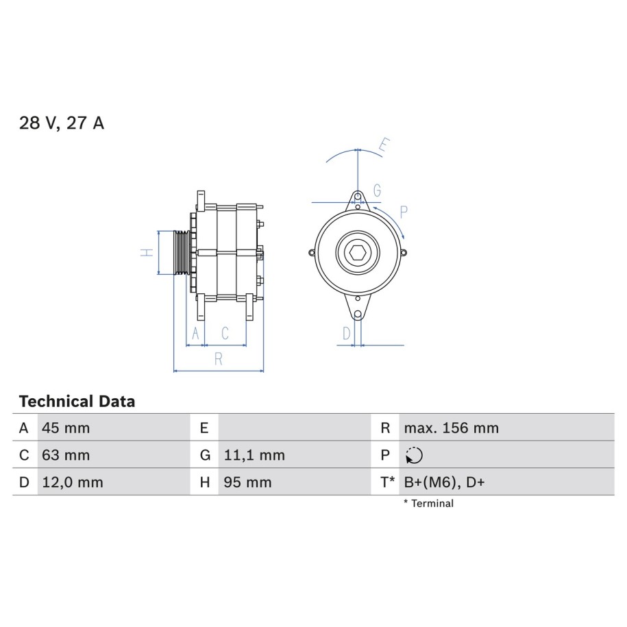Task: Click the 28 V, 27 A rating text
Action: pos(62,123)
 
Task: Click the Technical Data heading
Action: pos(77,401)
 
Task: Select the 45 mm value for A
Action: pos(66,428)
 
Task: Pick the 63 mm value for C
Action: pos(66,455)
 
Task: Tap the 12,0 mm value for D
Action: pos(73,482)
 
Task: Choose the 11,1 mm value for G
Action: pos(254,455)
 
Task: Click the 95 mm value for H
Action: pos(247,482)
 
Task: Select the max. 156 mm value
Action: pos(452,428)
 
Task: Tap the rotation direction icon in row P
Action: pos(414,455)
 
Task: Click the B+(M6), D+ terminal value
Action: pos(444,482)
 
